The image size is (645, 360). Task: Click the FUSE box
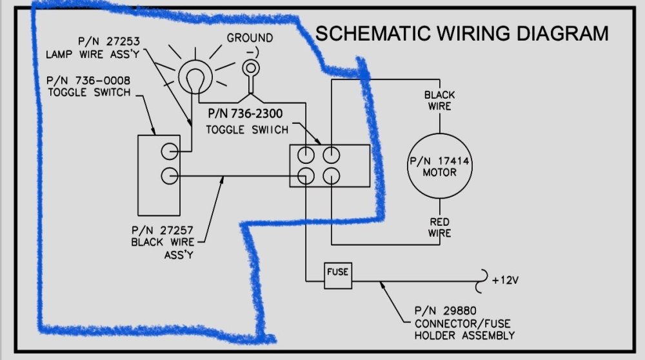pos(338,272)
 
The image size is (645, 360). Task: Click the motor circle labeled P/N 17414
pos(441,166)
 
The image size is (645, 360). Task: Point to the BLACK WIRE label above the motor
pos(439,101)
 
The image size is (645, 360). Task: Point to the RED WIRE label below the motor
pos(440,228)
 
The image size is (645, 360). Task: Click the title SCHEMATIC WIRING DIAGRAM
pos(461,34)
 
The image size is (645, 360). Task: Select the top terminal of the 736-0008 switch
pos(169,150)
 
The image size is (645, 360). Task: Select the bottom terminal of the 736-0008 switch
pos(169,175)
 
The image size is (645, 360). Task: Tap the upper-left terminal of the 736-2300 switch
pos(306,154)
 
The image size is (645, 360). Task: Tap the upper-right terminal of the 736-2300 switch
pos(331,154)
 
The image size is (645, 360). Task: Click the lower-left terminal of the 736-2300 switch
pos(306,175)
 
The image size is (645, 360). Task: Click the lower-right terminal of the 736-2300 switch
pos(331,175)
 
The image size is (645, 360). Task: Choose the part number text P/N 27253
pos(108,42)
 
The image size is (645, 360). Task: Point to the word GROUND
pos(250,39)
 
